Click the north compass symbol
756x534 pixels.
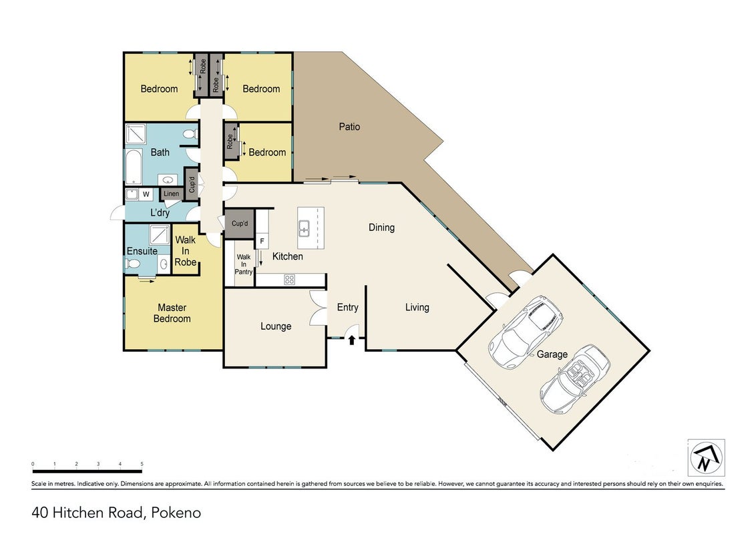pyautogui.click(x=706, y=457)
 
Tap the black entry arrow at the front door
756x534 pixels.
pyautogui.click(x=352, y=340)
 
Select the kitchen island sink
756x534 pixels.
pyautogui.click(x=305, y=228)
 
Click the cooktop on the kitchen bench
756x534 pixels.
pyautogui.click(x=289, y=280)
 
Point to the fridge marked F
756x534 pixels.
pyautogui.click(x=262, y=241)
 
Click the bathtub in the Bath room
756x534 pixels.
pyautogui.click(x=134, y=168)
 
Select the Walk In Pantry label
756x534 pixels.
pyautogui.click(x=244, y=264)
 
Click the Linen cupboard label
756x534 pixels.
pyautogui.click(x=171, y=194)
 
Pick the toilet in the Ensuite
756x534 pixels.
pyautogui.click(x=132, y=264)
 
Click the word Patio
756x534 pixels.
pyautogui.click(x=349, y=127)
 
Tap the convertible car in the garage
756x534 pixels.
pyautogui.click(x=575, y=379)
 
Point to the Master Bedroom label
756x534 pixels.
pyautogui.click(x=172, y=313)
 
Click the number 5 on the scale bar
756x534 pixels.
pyautogui.click(x=142, y=464)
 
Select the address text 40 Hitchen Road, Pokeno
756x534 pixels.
pyautogui.click(x=116, y=513)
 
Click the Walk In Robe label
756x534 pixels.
pyautogui.click(x=186, y=251)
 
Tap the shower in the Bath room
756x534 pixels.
pyautogui.click(x=136, y=134)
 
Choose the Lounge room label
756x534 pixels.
pyautogui.click(x=276, y=326)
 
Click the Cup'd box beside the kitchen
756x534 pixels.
pyautogui.click(x=240, y=224)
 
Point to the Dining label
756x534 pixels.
pyautogui.click(x=381, y=228)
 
